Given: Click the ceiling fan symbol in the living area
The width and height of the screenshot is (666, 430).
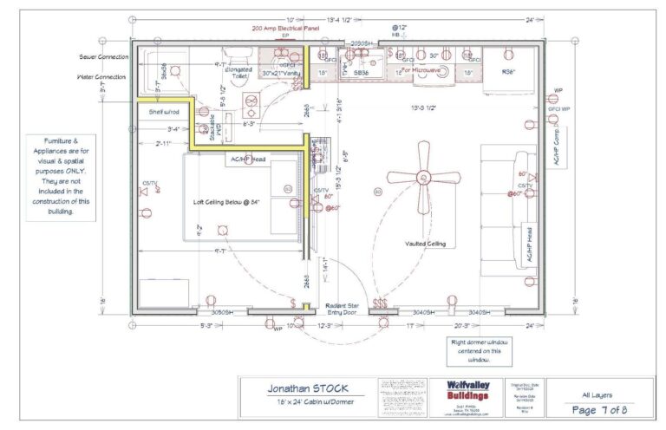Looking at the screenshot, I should [425, 177].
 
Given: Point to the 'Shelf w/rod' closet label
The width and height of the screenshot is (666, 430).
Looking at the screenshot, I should [164, 111].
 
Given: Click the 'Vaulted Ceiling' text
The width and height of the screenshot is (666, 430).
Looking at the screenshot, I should [425, 244].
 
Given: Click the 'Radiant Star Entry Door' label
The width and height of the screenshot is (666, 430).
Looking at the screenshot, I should [339, 309].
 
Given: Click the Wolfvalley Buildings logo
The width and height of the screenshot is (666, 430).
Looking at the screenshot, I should [468, 390].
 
